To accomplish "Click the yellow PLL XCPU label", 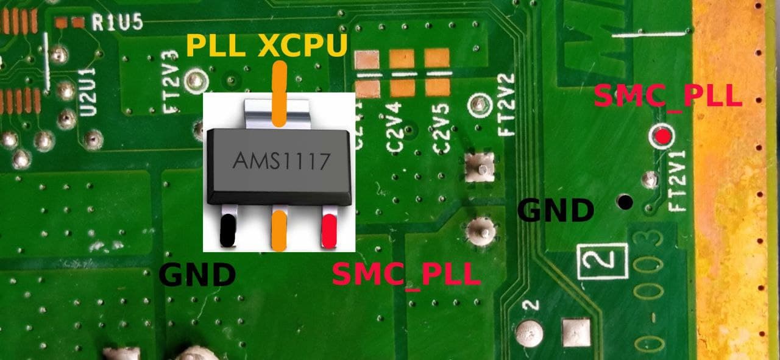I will (x=267, y=46).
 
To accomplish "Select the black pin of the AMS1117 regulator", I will (x=227, y=229).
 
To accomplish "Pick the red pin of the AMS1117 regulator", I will (x=329, y=229).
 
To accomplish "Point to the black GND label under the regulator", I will (x=197, y=275).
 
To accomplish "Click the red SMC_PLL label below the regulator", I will (x=406, y=275).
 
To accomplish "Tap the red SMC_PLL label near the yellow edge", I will (x=667, y=96).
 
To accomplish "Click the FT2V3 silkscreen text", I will (x=172, y=90).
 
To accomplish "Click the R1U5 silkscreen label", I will (x=117, y=23).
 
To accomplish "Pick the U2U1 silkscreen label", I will (x=88, y=91).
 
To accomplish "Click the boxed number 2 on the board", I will (x=603, y=261).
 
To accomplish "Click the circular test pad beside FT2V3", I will (x=197, y=80).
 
